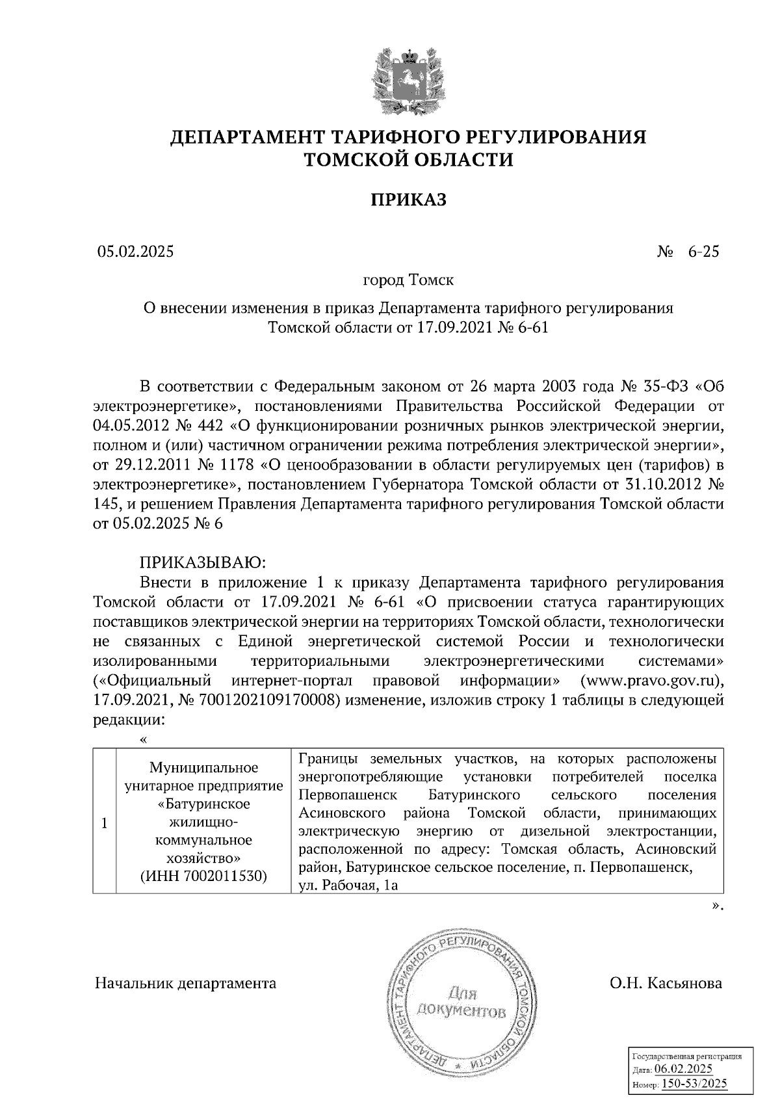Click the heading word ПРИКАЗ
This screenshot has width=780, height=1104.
point(408,200)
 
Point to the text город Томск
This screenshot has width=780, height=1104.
point(408,281)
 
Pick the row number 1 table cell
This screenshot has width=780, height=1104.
point(104,822)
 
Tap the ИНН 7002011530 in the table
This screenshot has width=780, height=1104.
point(204,875)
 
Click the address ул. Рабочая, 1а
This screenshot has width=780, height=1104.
point(348,886)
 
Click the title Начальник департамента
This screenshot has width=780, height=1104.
point(185,983)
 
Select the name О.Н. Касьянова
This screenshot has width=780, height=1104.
point(666,983)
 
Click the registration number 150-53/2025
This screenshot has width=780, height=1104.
point(694,1084)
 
